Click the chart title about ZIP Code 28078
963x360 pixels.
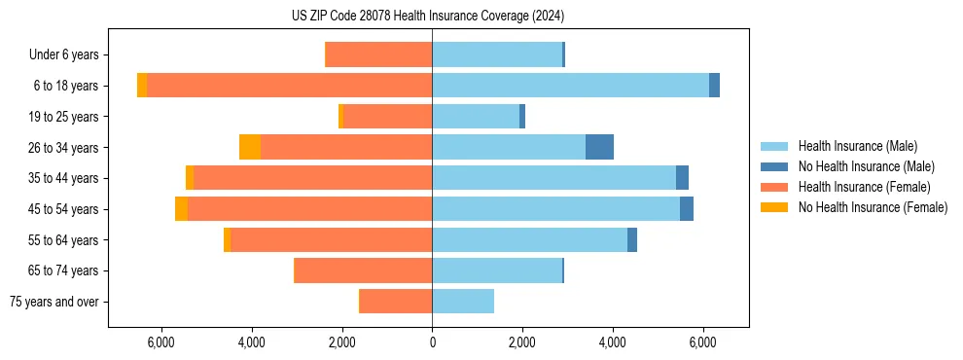[x=427, y=17]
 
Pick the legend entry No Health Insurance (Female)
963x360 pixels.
[x=873, y=207]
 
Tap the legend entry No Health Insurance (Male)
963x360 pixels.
[x=866, y=166]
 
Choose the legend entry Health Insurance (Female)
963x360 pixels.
[x=864, y=187]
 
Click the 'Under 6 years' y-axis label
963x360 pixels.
[x=63, y=55]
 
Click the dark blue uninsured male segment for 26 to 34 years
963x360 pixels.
[x=599, y=147]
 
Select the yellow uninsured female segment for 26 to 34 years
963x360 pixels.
[x=250, y=147]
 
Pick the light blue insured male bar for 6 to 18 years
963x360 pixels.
[x=570, y=86]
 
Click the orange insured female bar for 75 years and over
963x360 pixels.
[x=396, y=302]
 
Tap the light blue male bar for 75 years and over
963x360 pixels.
[x=463, y=302]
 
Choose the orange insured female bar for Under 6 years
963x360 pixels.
[x=378, y=54]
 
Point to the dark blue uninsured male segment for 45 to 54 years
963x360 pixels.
[x=687, y=209]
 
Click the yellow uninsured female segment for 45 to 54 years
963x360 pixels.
[x=181, y=209]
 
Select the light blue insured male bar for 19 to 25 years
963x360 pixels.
[x=476, y=117]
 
